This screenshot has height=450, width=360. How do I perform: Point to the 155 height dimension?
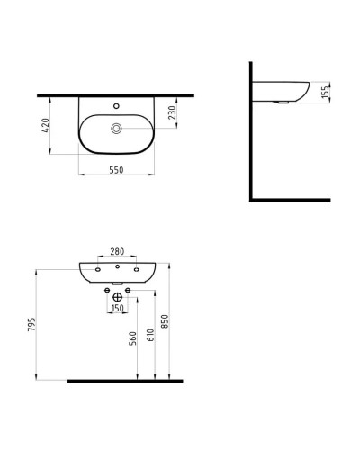[325, 93]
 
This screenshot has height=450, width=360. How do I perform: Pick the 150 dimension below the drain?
[116, 309]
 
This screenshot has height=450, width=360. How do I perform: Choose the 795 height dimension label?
[31, 324]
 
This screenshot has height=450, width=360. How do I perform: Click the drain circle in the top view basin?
[116, 130]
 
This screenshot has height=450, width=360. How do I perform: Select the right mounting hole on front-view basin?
[137, 269]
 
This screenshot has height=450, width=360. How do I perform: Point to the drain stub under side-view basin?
[285, 102]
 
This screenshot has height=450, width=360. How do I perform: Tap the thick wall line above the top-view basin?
[116, 94]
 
